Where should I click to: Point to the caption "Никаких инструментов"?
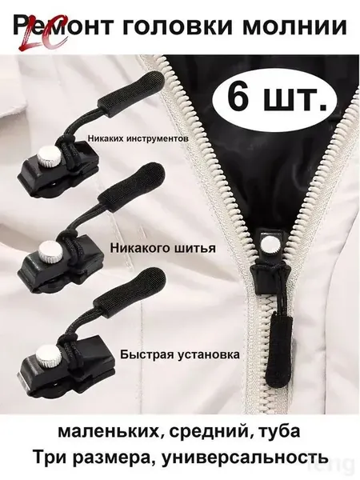coord(138,138)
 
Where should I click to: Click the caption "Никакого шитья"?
coord(163,247)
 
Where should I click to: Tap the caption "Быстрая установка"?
coord(180,354)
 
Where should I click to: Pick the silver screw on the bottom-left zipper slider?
coord(46,354)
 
